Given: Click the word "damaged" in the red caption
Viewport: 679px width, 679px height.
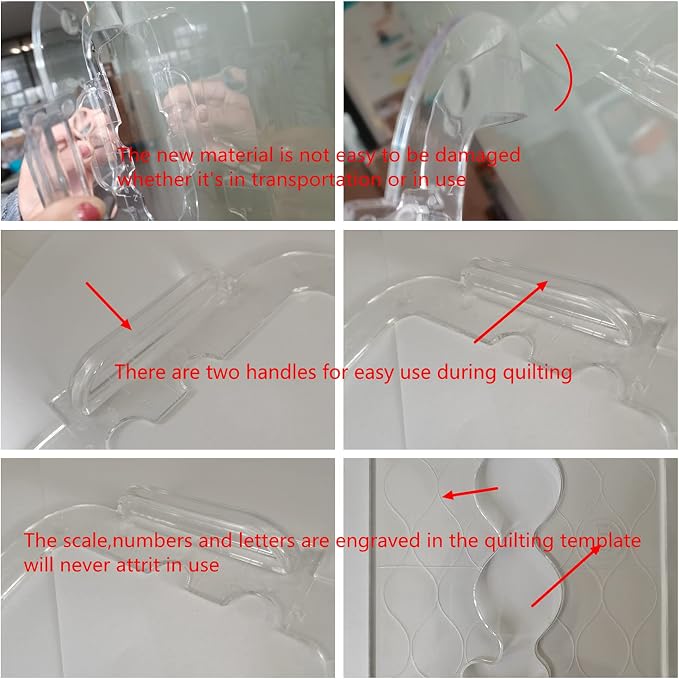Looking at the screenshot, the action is pos(477,155).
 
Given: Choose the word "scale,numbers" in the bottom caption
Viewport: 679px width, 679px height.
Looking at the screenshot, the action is pos(128,541).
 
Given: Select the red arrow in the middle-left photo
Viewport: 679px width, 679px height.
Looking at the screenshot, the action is pos(109,306).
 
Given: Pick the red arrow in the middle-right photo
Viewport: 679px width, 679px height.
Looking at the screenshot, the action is pos(511,312).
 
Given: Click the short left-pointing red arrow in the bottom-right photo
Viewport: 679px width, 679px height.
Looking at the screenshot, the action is pos(470,493).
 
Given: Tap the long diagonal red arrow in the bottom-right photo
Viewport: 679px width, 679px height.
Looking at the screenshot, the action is pos(566,575).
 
